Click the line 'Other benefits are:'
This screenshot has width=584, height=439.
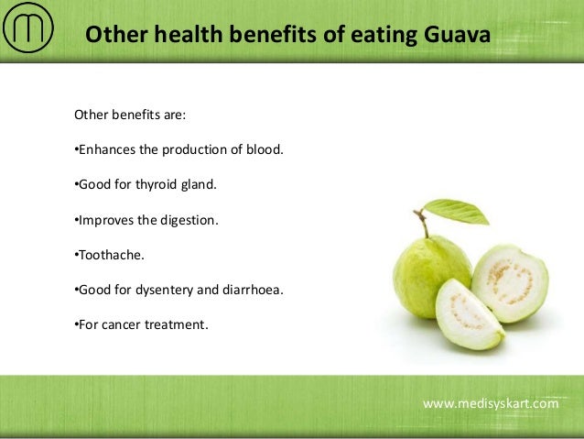click(x=129, y=116)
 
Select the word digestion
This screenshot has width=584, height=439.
click(x=189, y=220)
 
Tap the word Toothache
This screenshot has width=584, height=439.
click(x=107, y=254)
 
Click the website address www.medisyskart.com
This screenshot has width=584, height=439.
click(x=491, y=403)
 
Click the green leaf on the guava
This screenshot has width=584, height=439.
click(x=458, y=212)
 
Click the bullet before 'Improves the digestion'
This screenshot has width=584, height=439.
click(x=75, y=220)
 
